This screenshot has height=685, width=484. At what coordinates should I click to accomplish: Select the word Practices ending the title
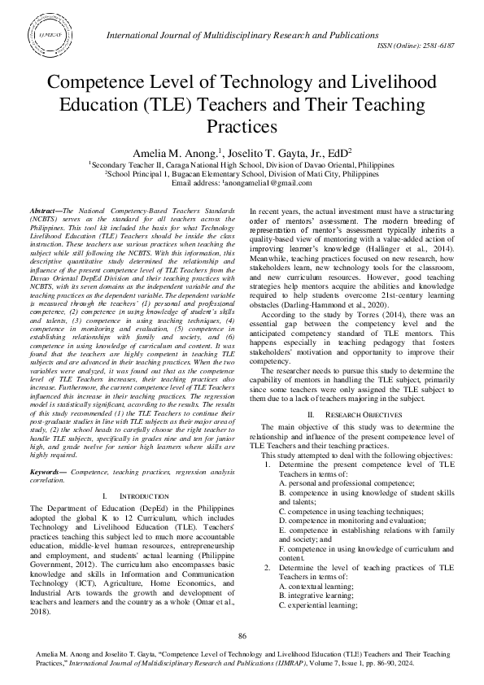pyautogui.click(x=242, y=126)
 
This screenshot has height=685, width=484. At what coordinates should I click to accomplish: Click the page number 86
pyautogui.click(x=242, y=635)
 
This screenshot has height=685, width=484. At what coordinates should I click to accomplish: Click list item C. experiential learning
pyautogui.click(x=316, y=605)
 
